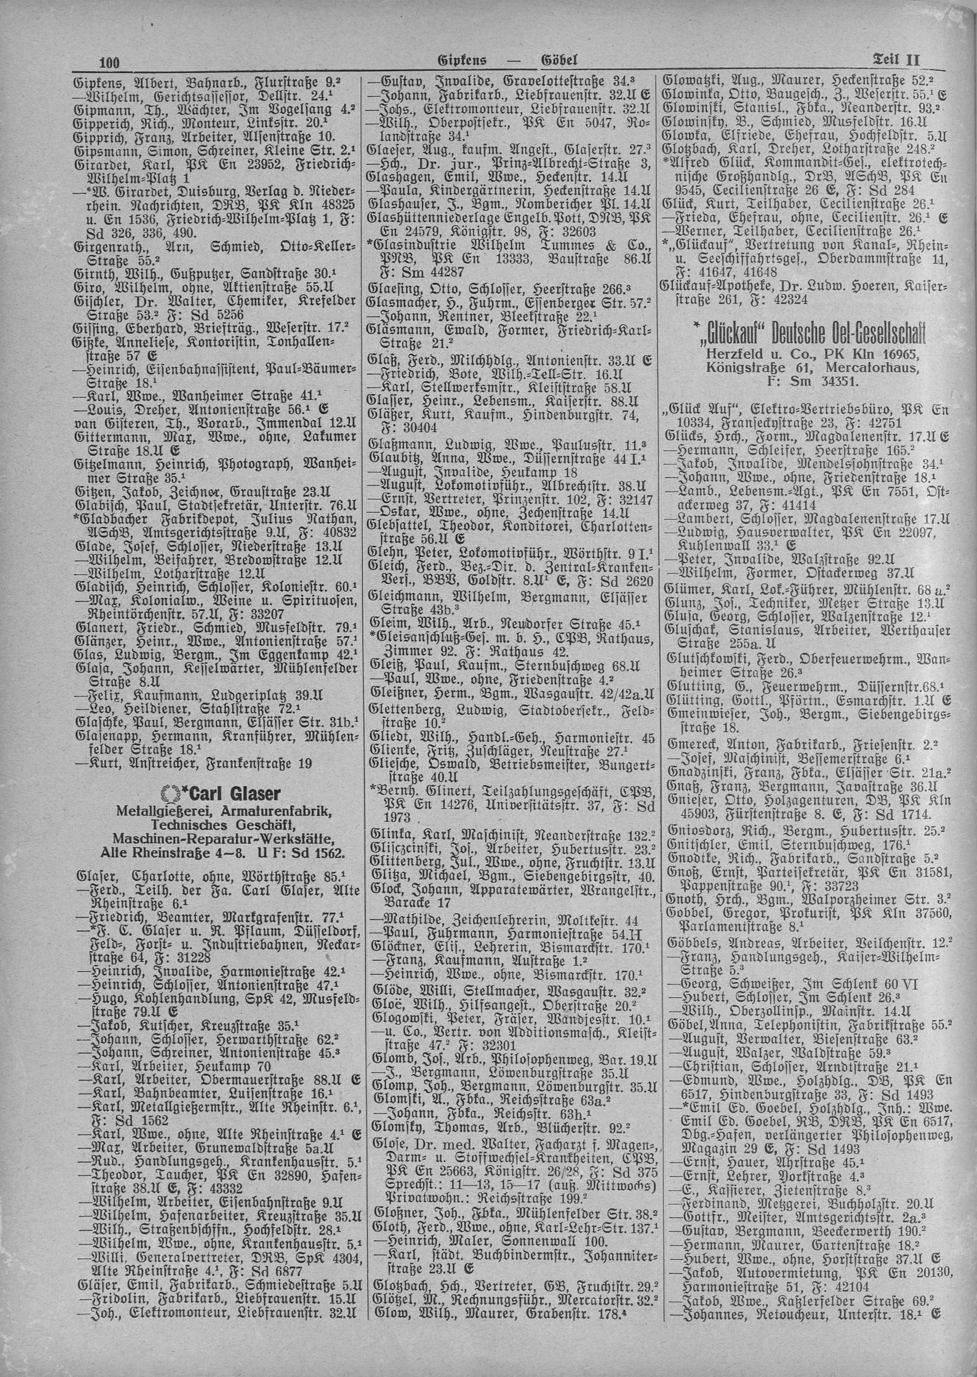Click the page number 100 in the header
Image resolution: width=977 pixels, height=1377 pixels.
click(110, 62)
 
